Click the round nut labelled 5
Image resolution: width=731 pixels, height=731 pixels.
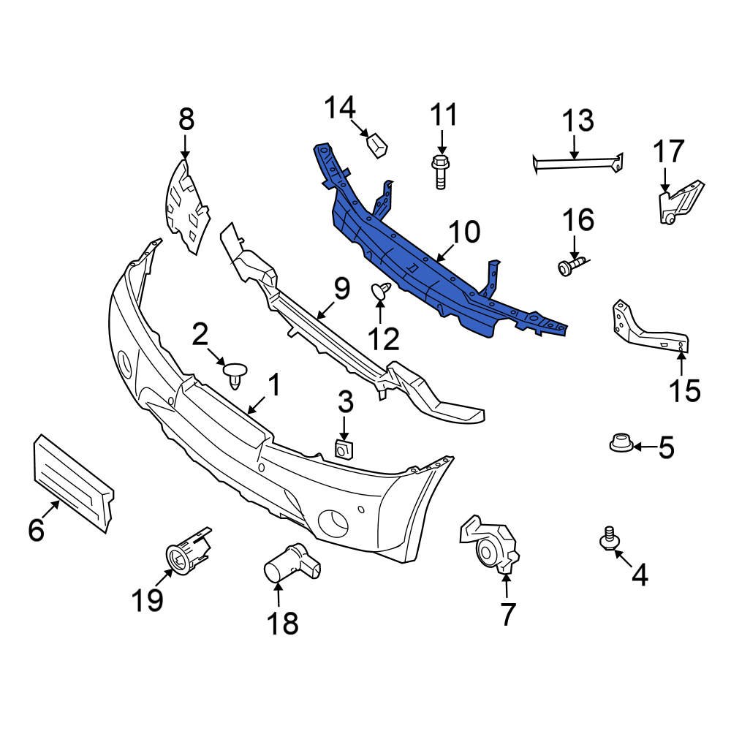pyautogui.click(x=620, y=443)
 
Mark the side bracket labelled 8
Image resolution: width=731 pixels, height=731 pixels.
pyautogui.click(x=186, y=208)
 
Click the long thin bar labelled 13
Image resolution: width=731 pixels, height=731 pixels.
pyautogui.click(x=577, y=164)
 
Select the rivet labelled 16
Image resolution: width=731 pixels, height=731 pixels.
pyautogui.click(x=571, y=266)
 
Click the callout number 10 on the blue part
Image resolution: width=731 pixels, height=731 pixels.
pyautogui.click(x=465, y=232)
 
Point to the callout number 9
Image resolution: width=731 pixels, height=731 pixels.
pyautogui.click(x=341, y=290)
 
